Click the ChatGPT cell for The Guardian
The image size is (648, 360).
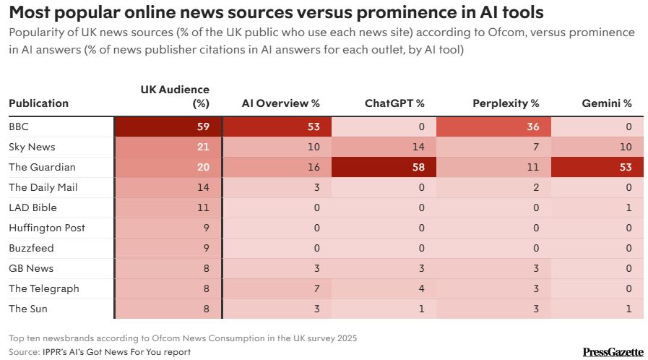click(x=384, y=167)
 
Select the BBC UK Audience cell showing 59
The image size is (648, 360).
click(x=168, y=127)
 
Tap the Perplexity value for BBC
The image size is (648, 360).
click(x=494, y=127)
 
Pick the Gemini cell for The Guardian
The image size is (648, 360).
click(x=597, y=167)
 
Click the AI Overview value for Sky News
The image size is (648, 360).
click(x=276, y=147)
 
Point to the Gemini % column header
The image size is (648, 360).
click(x=607, y=103)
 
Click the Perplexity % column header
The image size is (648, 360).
click(x=506, y=103)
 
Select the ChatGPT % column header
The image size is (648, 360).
click(x=394, y=103)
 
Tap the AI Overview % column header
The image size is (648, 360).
click(x=280, y=103)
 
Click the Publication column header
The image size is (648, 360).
click(x=38, y=103)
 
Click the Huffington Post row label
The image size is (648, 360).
click(x=47, y=228)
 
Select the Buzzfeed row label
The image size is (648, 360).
click(x=31, y=248)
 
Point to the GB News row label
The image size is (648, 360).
click(x=31, y=268)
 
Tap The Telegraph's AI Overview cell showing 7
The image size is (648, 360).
click(x=276, y=288)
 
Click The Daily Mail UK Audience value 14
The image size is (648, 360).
click(x=168, y=187)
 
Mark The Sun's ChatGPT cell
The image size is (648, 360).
click(x=384, y=309)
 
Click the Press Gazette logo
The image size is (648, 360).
click(x=613, y=352)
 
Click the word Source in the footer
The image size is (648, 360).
click(x=23, y=352)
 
